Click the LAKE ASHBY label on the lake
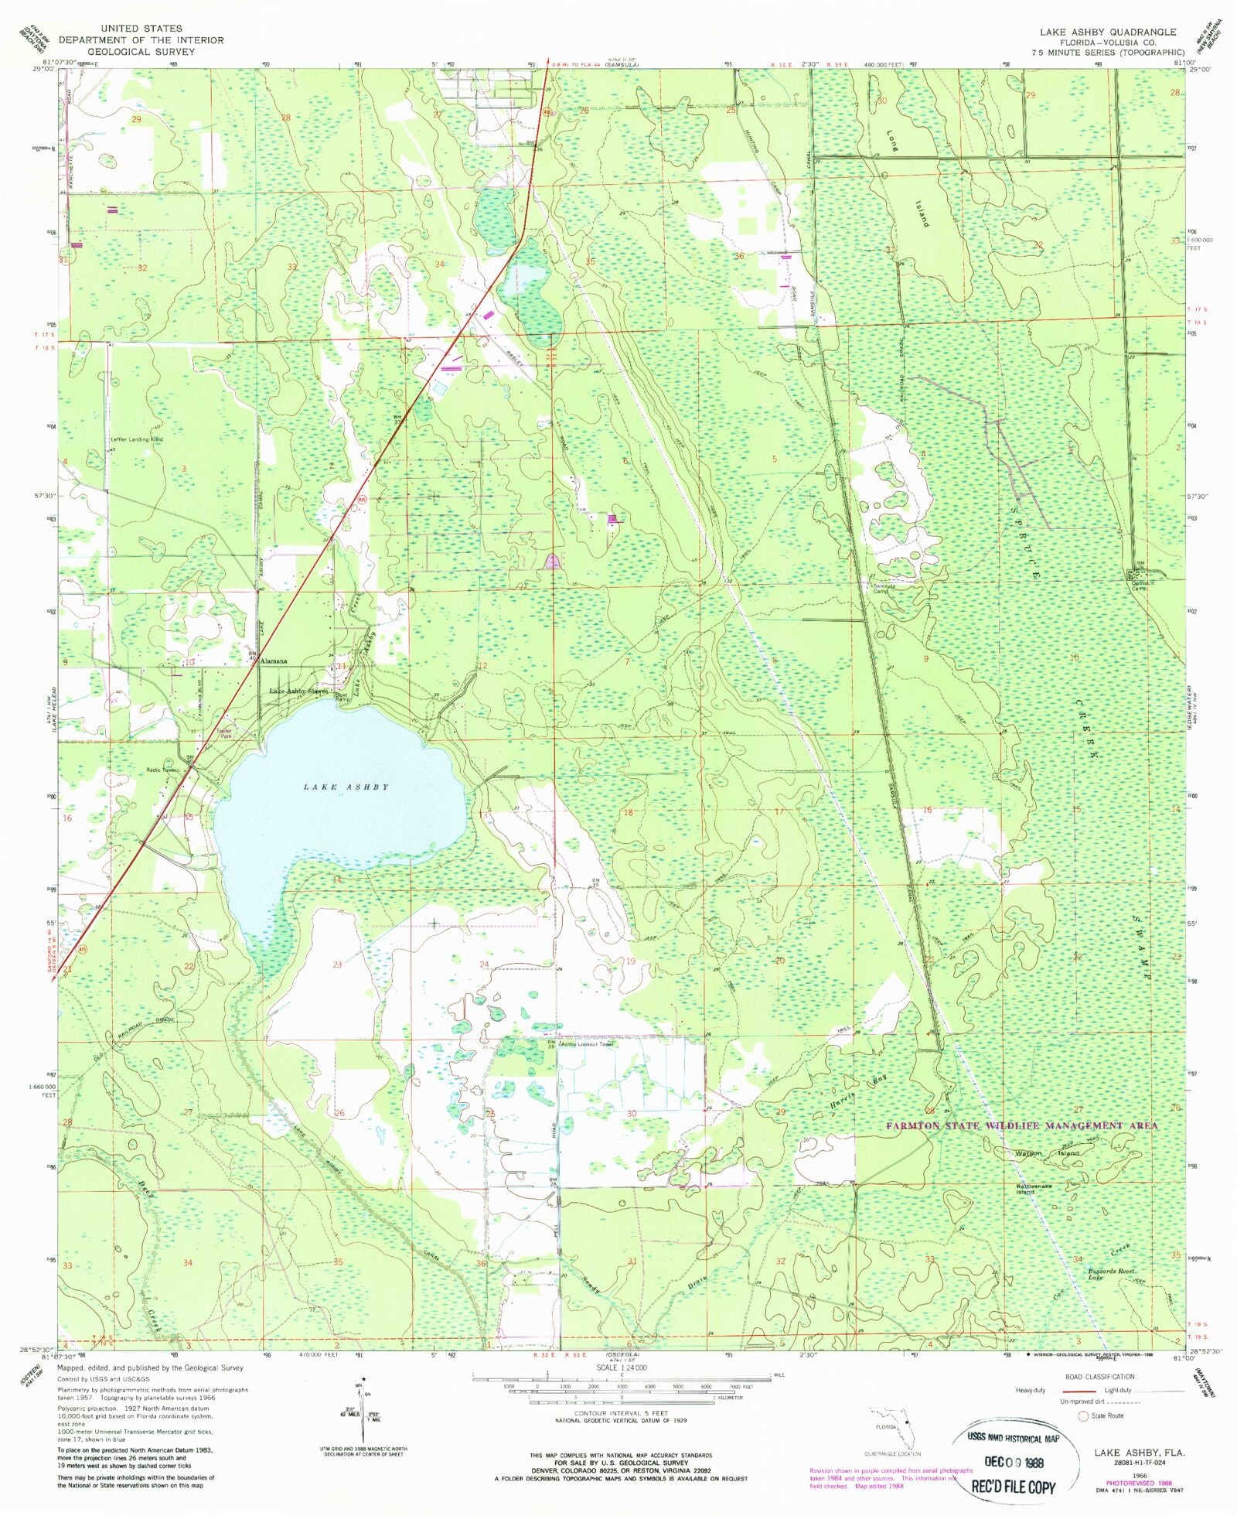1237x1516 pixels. pyautogui.click(x=346, y=787)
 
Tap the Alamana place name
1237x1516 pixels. pyautogui.click(x=274, y=661)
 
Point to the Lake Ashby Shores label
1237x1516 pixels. pyautogui.click(x=298, y=691)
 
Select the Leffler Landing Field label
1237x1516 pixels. pyautogui.click(x=137, y=439)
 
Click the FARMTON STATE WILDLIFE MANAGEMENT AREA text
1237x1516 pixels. pyautogui.click(x=1021, y=1125)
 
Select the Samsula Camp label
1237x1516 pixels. pyautogui.click(x=884, y=589)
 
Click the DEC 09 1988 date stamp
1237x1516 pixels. pyautogui.click(x=1014, y=1463)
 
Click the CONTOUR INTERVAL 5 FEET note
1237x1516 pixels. pyautogui.click(x=621, y=1413)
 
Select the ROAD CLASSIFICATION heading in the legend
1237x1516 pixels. pyautogui.click(x=1099, y=1377)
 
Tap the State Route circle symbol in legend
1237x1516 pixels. pyautogui.click(x=1083, y=1415)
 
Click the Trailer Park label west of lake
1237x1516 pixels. pyautogui.click(x=225, y=732)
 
